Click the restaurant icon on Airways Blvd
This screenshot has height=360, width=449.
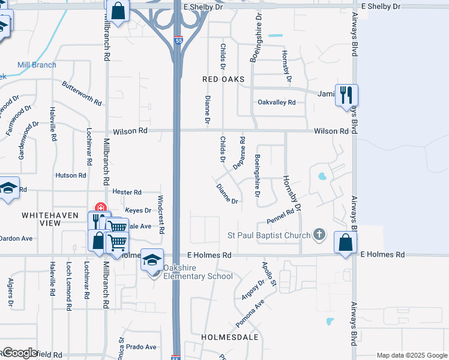347,95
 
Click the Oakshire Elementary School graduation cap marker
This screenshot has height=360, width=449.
152,260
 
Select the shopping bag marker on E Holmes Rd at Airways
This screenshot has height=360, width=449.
345,242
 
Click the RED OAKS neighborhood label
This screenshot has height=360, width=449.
224,79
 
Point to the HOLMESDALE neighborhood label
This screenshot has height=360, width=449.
230,337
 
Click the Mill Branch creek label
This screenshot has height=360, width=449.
37,65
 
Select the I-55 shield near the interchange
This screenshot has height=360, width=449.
179,40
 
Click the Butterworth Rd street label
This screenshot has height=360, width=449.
82,93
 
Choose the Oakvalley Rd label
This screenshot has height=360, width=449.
277,103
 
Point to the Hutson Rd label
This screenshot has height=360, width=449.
71,175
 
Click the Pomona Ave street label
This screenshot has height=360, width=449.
250,313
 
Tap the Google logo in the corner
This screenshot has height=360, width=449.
20,353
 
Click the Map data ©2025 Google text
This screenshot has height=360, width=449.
411,355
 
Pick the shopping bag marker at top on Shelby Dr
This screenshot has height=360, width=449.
118,11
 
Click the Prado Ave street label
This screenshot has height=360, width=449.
141,347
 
